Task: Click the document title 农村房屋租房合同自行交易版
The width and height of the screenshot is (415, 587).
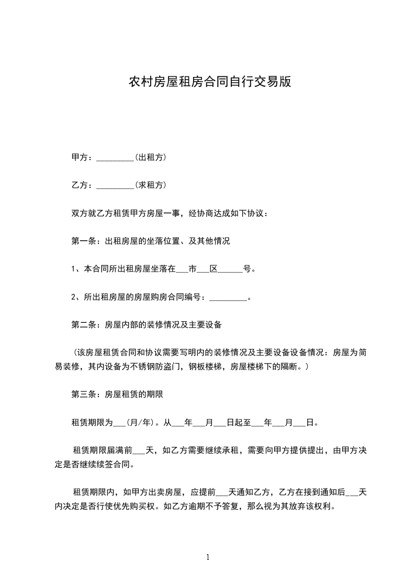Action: pyautogui.click(x=209, y=82)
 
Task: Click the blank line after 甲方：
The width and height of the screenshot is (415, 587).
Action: pyautogui.click(x=116, y=158)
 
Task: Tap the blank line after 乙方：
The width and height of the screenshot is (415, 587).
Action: pyautogui.click(x=116, y=186)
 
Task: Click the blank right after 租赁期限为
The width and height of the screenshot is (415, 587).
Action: pyautogui.click(x=120, y=423)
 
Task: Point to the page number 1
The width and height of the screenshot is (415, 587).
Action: pyautogui.click(x=208, y=557)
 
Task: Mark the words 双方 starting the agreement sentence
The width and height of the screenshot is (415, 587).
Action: pyautogui.click(x=77, y=213)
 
